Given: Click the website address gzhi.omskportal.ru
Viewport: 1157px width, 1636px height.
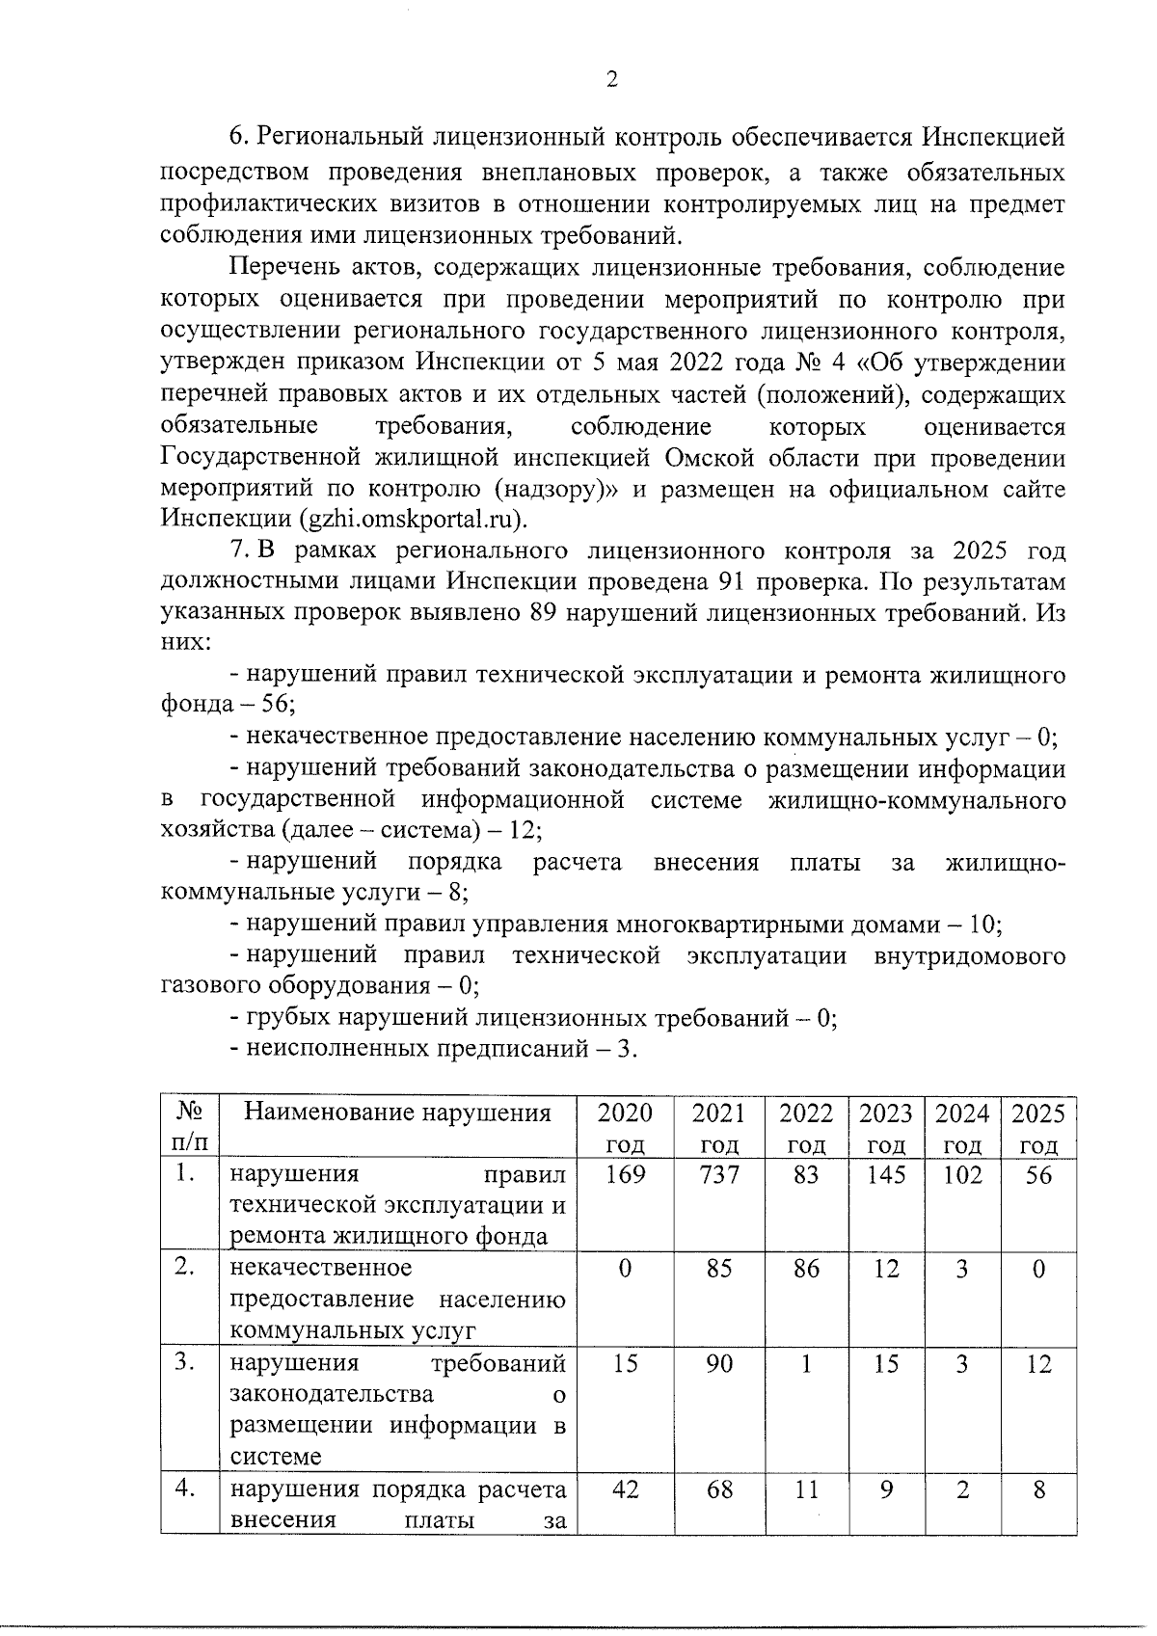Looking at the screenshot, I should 414,521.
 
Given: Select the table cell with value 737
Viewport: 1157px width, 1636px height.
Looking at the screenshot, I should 719,1175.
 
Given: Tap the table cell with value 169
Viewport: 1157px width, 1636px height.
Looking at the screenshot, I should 625,1175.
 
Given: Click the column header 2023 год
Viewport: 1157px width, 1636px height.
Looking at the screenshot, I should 885,1129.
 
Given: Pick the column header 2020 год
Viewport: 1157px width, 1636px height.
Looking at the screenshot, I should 625,1129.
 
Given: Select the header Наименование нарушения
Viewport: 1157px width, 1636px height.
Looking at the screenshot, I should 397,1113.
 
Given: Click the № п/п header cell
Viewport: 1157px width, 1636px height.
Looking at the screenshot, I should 190,1128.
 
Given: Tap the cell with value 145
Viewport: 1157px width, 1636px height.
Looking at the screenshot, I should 885,1175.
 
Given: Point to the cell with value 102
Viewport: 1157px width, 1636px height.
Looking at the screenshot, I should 961,1175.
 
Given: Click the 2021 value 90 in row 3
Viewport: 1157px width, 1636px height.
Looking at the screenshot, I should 719,1364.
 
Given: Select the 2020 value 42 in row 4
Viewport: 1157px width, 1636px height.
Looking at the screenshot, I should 625,1490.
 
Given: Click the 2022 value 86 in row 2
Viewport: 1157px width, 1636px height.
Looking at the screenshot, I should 806,1269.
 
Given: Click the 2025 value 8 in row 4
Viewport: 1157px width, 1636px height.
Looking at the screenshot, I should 1038,1490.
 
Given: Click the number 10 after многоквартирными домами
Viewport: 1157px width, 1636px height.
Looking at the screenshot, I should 983,925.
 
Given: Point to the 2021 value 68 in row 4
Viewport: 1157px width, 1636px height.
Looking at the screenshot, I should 719,1490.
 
